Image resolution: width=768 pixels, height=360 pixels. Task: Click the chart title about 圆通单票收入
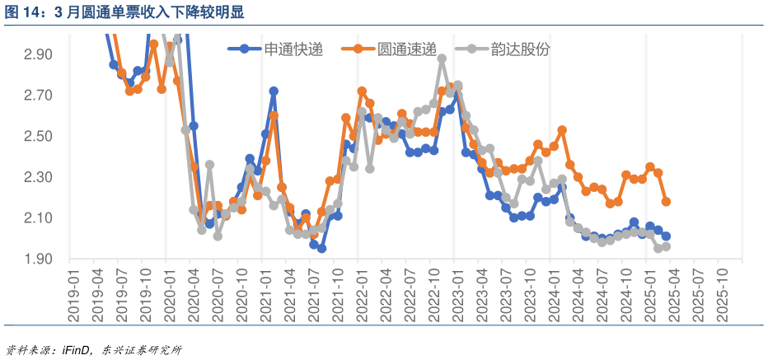[124, 12]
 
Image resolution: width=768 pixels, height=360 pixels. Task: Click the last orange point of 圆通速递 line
[666, 202]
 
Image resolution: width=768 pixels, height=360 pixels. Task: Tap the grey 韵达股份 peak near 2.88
[442, 59]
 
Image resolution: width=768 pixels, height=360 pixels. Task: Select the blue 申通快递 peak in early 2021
[274, 91]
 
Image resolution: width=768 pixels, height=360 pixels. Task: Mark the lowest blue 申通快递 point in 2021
[321, 248]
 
